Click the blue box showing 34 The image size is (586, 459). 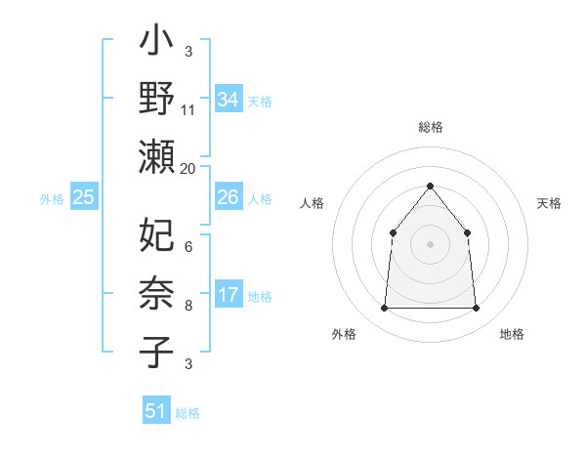(228, 99)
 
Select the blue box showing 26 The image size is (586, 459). (228, 197)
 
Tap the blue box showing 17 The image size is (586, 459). (228, 295)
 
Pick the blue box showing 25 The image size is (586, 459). (83, 197)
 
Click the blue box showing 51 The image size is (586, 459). (156, 411)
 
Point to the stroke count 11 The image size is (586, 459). (188, 109)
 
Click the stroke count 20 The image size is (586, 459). (188, 167)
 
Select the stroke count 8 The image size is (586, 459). (188, 306)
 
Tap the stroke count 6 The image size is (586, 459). (188, 247)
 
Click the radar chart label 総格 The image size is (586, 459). (430, 127)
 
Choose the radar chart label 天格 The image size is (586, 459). (549, 203)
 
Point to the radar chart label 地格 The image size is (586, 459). (512, 334)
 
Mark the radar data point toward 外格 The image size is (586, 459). (384, 309)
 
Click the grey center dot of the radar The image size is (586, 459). (430, 244)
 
